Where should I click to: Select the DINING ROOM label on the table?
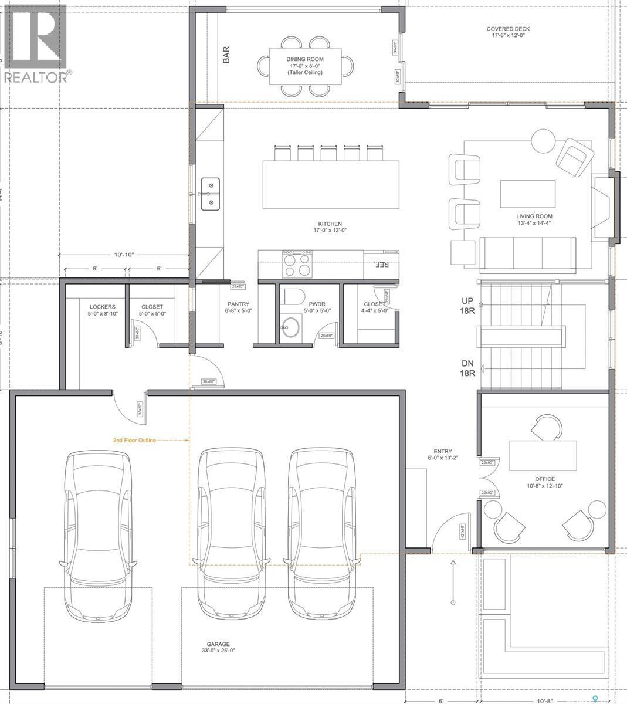pos(305,66)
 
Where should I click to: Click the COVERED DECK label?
pos(508,32)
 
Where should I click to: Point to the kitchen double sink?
pos(210,194)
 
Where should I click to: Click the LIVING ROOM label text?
pos(534,219)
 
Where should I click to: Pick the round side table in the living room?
pos(543,141)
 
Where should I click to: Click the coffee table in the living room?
pos(528,194)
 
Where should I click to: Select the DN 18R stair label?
pos(467,368)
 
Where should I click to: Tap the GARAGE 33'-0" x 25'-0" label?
pos(218,647)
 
